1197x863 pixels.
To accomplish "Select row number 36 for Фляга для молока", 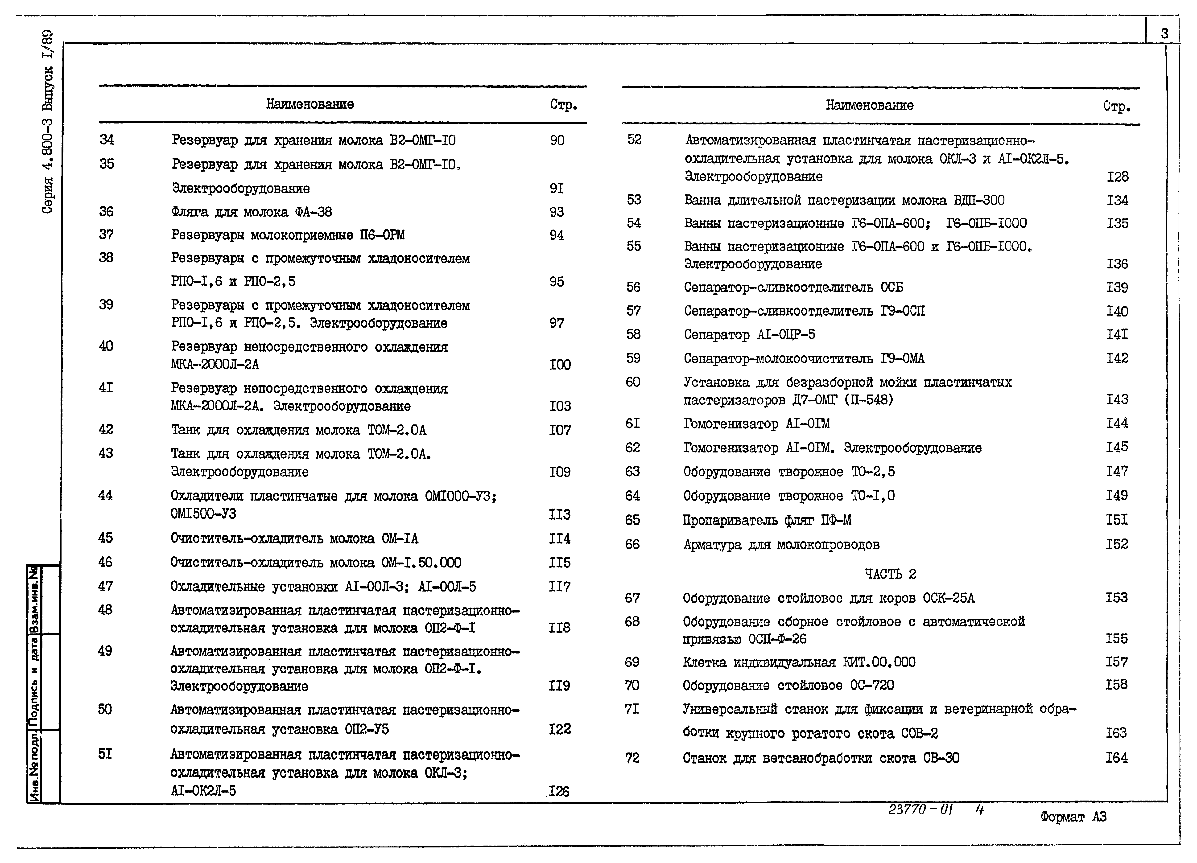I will click(x=106, y=212).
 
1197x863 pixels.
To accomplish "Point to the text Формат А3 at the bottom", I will click(x=1073, y=817).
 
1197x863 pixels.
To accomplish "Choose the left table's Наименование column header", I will click(x=310, y=104).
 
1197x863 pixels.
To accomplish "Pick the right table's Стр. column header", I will click(x=1116, y=107).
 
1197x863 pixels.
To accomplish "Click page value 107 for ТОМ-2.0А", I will click(x=559, y=431).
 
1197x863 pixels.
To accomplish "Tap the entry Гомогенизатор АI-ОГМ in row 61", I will click(x=756, y=423).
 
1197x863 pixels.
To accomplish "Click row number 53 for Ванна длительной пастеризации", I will click(x=634, y=199).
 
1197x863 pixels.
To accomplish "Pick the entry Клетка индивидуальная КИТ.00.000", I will click(x=799, y=662).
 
